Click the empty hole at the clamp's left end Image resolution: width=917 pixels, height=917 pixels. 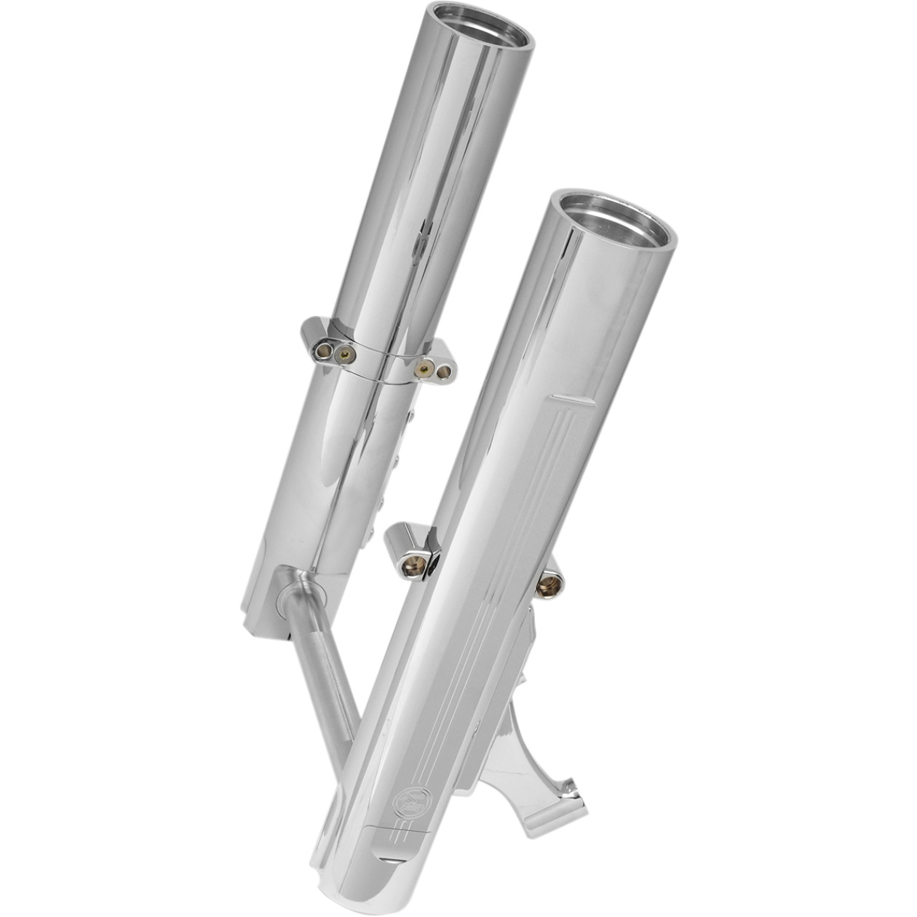tap(318, 352)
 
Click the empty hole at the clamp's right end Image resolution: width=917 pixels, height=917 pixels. tap(442, 372)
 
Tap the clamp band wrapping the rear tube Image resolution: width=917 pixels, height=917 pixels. tap(378, 361)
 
